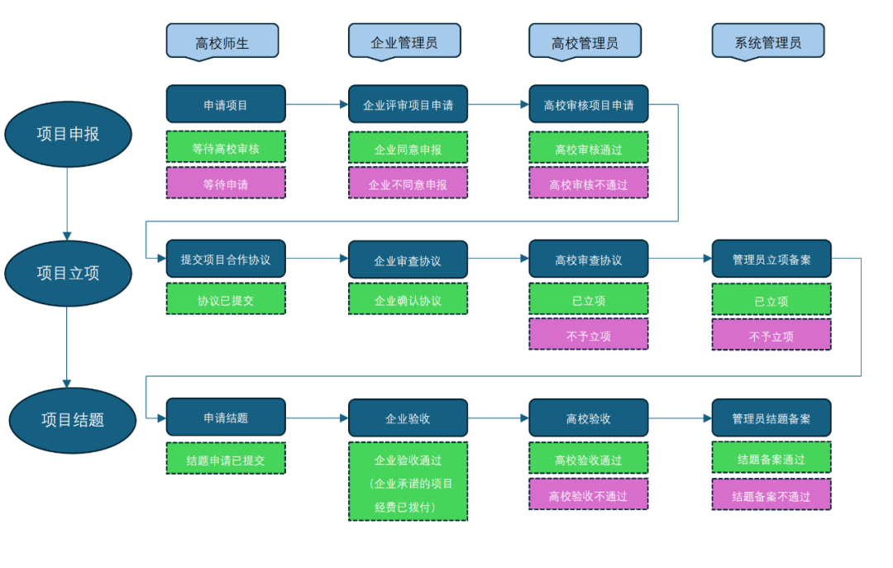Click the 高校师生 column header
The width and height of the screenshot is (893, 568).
pos(222,41)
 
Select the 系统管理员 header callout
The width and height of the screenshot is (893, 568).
pos(767,41)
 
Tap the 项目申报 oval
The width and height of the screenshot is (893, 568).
pos(68,133)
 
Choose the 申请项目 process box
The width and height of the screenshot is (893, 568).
pos(226,104)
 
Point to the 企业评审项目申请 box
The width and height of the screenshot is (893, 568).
pos(408,105)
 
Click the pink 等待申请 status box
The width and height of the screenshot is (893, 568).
pos(226,184)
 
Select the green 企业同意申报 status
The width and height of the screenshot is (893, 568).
pos(408,149)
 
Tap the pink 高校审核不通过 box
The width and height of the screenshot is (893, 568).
pos(588,184)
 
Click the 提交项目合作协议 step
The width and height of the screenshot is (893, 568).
pos(226,259)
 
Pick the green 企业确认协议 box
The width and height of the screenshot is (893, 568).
pos(408,299)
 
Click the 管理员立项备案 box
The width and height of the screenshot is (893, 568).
pos(771,259)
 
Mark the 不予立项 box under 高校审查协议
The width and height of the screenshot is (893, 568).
pos(588,335)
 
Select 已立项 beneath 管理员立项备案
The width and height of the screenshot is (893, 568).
pos(771,300)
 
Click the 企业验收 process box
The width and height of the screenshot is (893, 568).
pos(408,418)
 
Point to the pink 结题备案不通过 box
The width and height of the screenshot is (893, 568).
pos(771,496)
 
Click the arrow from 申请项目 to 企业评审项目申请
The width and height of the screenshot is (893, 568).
pos(317,105)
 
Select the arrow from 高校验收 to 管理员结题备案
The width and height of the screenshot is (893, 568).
pos(680,418)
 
